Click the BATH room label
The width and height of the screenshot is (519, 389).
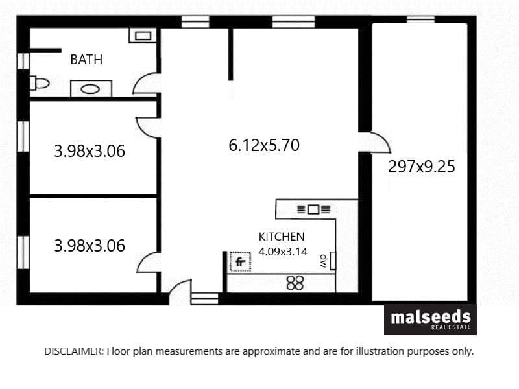[86, 60]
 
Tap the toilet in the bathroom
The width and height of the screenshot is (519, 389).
[40, 83]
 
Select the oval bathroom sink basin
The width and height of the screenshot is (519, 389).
[90, 89]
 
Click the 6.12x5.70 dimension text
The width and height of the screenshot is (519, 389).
[264, 145]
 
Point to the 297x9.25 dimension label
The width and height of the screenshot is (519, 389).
[422, 167]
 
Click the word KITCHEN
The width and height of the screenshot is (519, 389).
[282, 237]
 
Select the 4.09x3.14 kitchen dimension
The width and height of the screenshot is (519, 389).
[283, 252]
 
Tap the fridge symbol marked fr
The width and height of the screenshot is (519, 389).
[240, 262]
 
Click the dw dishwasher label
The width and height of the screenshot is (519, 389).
[323, 261]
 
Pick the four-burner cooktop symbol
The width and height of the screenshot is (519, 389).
[295, 283]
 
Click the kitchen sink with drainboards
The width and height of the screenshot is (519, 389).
[313, 209]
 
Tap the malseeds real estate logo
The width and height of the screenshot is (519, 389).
[430, 320]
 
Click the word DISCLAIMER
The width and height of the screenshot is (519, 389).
[74, 351]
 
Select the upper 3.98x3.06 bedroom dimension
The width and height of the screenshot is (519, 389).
[90, 151]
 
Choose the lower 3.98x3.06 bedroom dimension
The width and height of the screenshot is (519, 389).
[90, 246]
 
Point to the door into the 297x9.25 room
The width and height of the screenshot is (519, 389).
[385, 139]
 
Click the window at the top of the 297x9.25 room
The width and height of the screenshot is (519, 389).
[420, 19]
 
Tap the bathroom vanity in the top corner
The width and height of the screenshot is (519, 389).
[143, 36]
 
